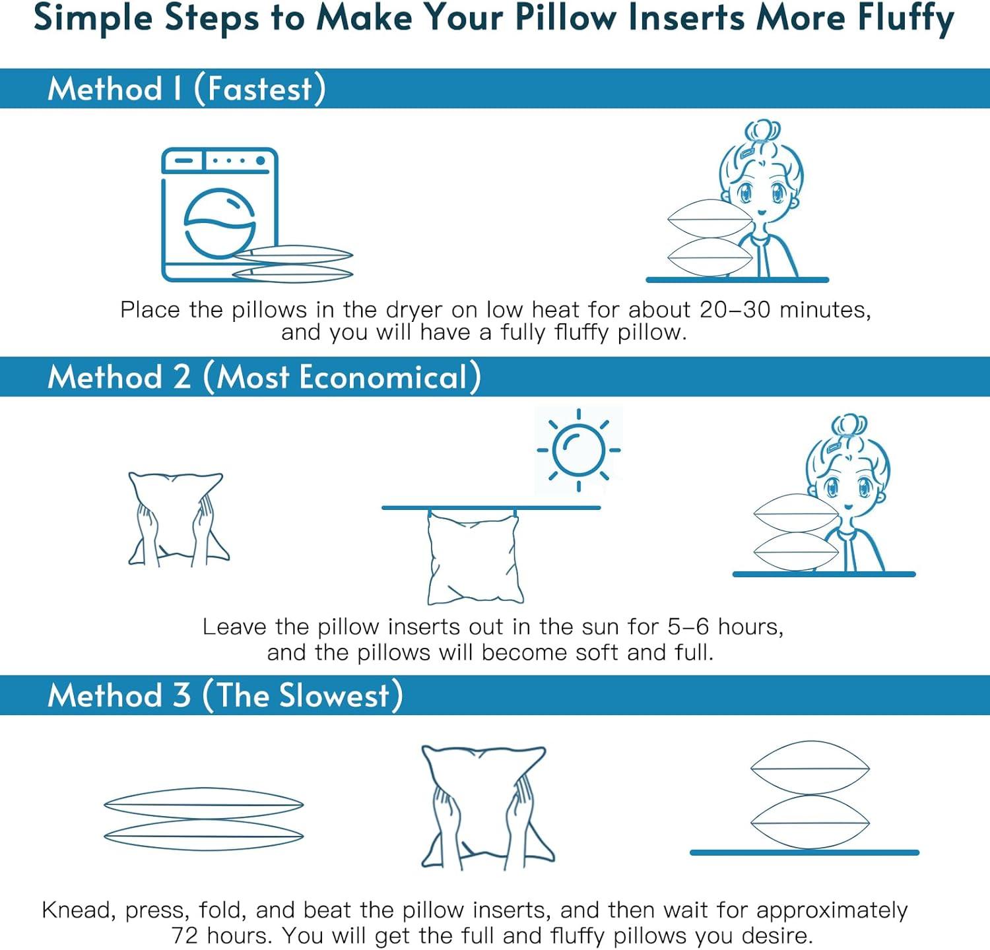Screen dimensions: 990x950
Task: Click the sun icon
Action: (579, 450)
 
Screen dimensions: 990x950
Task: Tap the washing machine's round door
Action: (220, 223)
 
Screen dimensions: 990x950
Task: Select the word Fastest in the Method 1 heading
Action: (259, 88)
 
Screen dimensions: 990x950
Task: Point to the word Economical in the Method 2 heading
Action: (383, 377)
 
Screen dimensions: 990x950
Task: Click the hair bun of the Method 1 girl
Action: (762, 131)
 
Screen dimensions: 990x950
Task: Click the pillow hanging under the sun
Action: (473, 557)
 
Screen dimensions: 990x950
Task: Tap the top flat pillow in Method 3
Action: (203, 804)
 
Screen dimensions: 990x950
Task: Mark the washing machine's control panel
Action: (220, 160)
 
